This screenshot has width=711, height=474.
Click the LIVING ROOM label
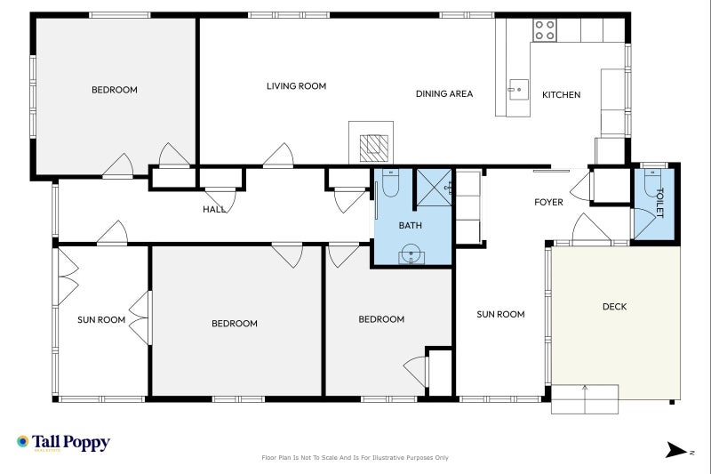pyautogui.click(x=296, y=86)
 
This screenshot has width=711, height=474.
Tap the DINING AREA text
pyautogui.click(x=444, y=94)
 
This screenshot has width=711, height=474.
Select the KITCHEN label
pyautogui.click(x=562, y=95)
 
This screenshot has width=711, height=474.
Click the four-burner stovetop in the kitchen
pyautogui.click(x=544, y=30)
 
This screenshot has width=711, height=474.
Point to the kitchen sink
pyautogui.click(x=518, y=89)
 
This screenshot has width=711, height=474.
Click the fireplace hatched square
pyautogui.click(x=374, y=149)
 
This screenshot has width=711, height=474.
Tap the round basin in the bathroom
pyautogui.click(x=411, y=253)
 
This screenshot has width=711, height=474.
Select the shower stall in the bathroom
pyautogui.click(x=434, y=188)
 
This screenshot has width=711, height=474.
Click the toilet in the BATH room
pyautogui.click(x=390, y=183)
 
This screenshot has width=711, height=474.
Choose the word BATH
pyautogui.click(x=411, y=225)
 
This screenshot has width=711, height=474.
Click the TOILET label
pyautogui.click(x=659, y=203)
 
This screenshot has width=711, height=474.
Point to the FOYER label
pyautogui.click(x=548, y=202)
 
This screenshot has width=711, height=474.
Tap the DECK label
pyautogui.click(x=615, y=307)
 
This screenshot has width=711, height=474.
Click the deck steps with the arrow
pyautogui.click(x=585, y=399)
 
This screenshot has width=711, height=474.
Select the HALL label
pyautogui.click(x=214, y=210)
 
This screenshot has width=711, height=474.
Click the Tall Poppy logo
pyautogui.click(x=63, y=442)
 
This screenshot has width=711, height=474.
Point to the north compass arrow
pyautogui.click(x=676, y=450)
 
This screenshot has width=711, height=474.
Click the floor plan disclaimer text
pyautogui.click(x=355, y=458)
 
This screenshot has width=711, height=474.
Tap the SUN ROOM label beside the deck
pyautogui.click(x=500, y=314)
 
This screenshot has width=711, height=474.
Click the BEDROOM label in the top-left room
pyautogui.click(x=115, y=90)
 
